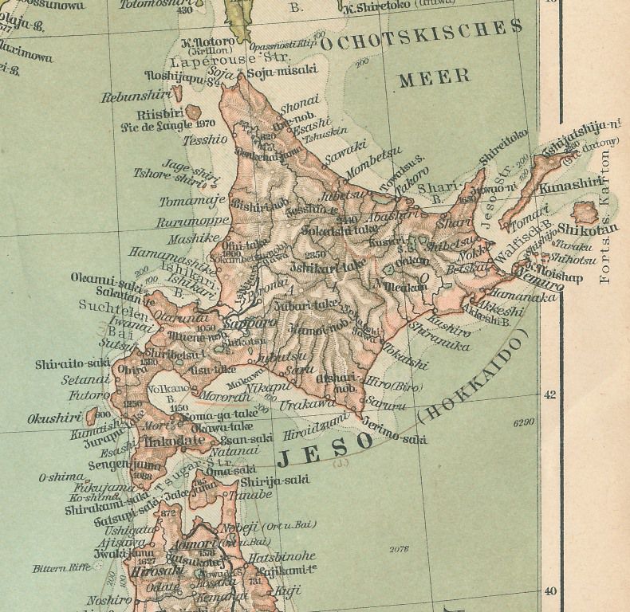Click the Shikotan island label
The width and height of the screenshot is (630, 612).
coord(595,229)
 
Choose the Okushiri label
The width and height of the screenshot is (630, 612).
coord(54,418)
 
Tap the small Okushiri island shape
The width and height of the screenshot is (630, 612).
coord(92,415)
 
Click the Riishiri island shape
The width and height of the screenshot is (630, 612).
coord(192,112)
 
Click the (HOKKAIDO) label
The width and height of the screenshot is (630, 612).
coord(474,379)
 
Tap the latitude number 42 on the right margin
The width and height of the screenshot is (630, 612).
coord(549,394)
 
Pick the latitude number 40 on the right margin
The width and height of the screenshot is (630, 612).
coord(549,591)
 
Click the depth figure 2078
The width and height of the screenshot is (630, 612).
coord(396,549)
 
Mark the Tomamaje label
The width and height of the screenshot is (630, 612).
coord(192,202)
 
